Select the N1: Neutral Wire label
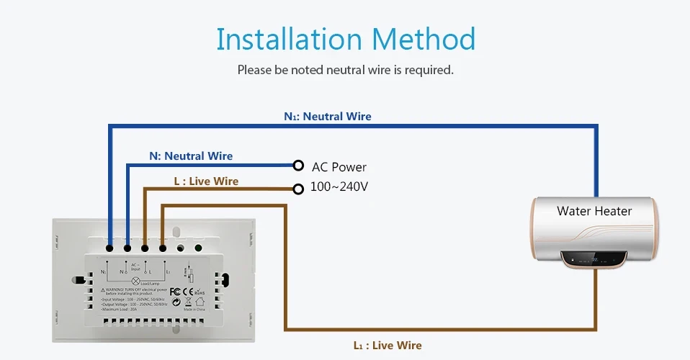click(328, 116)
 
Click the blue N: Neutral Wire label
click(191, 156)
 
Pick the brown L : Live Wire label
click(206, 181)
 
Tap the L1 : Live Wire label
click(387, 346)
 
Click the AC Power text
click(339, 167)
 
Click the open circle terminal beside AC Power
click(298, 165)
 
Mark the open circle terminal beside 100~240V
click(298, 189)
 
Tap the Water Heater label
click(594, 211)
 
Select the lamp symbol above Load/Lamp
click(136, 281)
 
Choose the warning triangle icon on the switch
click(102, 290)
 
